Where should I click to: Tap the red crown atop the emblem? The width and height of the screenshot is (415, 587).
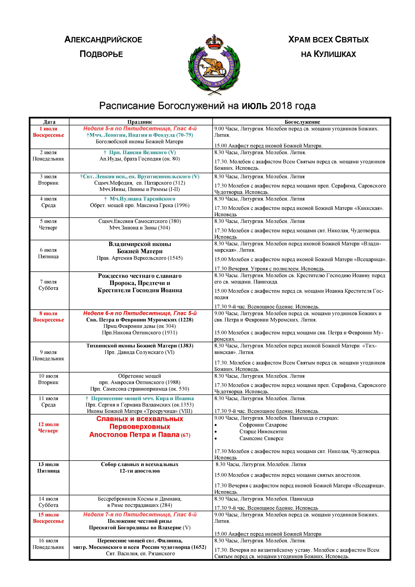[214, 42]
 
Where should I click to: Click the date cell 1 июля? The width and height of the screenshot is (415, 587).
[48, 129]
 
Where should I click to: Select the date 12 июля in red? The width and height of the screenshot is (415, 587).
[48, 424]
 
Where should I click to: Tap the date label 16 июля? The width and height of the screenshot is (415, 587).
[49, 540]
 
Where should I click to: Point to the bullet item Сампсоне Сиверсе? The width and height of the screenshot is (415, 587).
[261, 438]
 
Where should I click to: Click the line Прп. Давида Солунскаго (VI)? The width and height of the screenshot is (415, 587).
[140, 352]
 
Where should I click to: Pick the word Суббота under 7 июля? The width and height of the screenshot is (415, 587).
[48, 288]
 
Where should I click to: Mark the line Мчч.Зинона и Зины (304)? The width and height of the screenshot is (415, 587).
[140, 228]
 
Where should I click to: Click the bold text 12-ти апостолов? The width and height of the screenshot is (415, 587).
[140, 471]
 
